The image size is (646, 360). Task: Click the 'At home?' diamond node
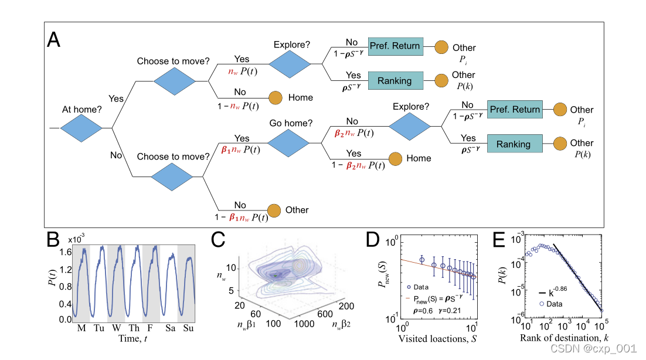86,127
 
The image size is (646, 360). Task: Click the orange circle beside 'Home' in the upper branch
276,97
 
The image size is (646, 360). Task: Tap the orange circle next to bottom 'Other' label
274,210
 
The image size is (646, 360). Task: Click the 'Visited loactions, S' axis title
436,338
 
